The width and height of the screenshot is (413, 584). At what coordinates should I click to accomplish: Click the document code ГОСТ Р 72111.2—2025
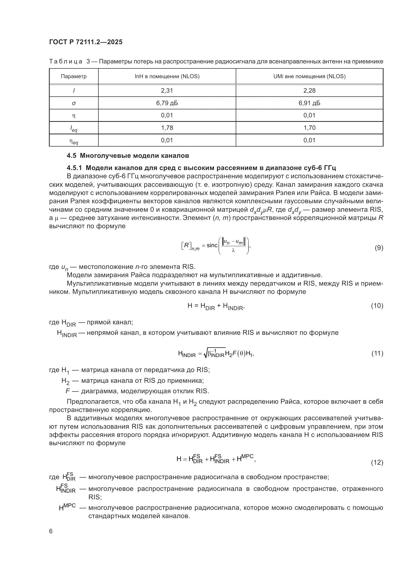coord(86,42)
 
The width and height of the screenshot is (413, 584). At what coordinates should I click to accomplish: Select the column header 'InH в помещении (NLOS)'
coord(167,76)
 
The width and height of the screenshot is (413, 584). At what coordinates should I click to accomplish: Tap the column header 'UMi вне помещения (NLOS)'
coord(309,76)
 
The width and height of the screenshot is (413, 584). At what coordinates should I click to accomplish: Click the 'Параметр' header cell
coord(74,76)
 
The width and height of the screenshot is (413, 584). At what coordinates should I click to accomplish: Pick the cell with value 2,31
coord(167,91)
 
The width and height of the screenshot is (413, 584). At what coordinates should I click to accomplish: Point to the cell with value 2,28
coord(309,91)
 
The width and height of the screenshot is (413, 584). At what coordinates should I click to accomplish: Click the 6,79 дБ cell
coord(167,103)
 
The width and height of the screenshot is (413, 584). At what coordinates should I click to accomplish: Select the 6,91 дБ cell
coord(309,103)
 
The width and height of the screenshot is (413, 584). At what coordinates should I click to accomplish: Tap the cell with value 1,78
coord(167,128)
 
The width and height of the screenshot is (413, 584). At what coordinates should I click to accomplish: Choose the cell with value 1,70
coord(309,128)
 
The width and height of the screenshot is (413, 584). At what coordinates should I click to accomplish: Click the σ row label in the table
coord(74,103)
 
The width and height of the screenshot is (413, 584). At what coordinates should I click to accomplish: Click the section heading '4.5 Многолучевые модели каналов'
coord(128,156)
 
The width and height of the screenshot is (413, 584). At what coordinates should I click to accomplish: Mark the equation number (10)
coord(377,305)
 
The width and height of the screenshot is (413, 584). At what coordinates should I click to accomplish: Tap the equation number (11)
coord(377,353)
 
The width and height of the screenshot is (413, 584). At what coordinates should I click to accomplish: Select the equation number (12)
coord(377,462)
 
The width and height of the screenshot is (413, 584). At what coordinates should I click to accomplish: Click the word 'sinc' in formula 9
coord(212,245)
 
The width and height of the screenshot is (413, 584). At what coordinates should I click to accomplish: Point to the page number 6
coord(51,531)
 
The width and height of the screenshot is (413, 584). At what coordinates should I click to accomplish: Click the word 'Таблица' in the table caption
coord(66,62)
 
